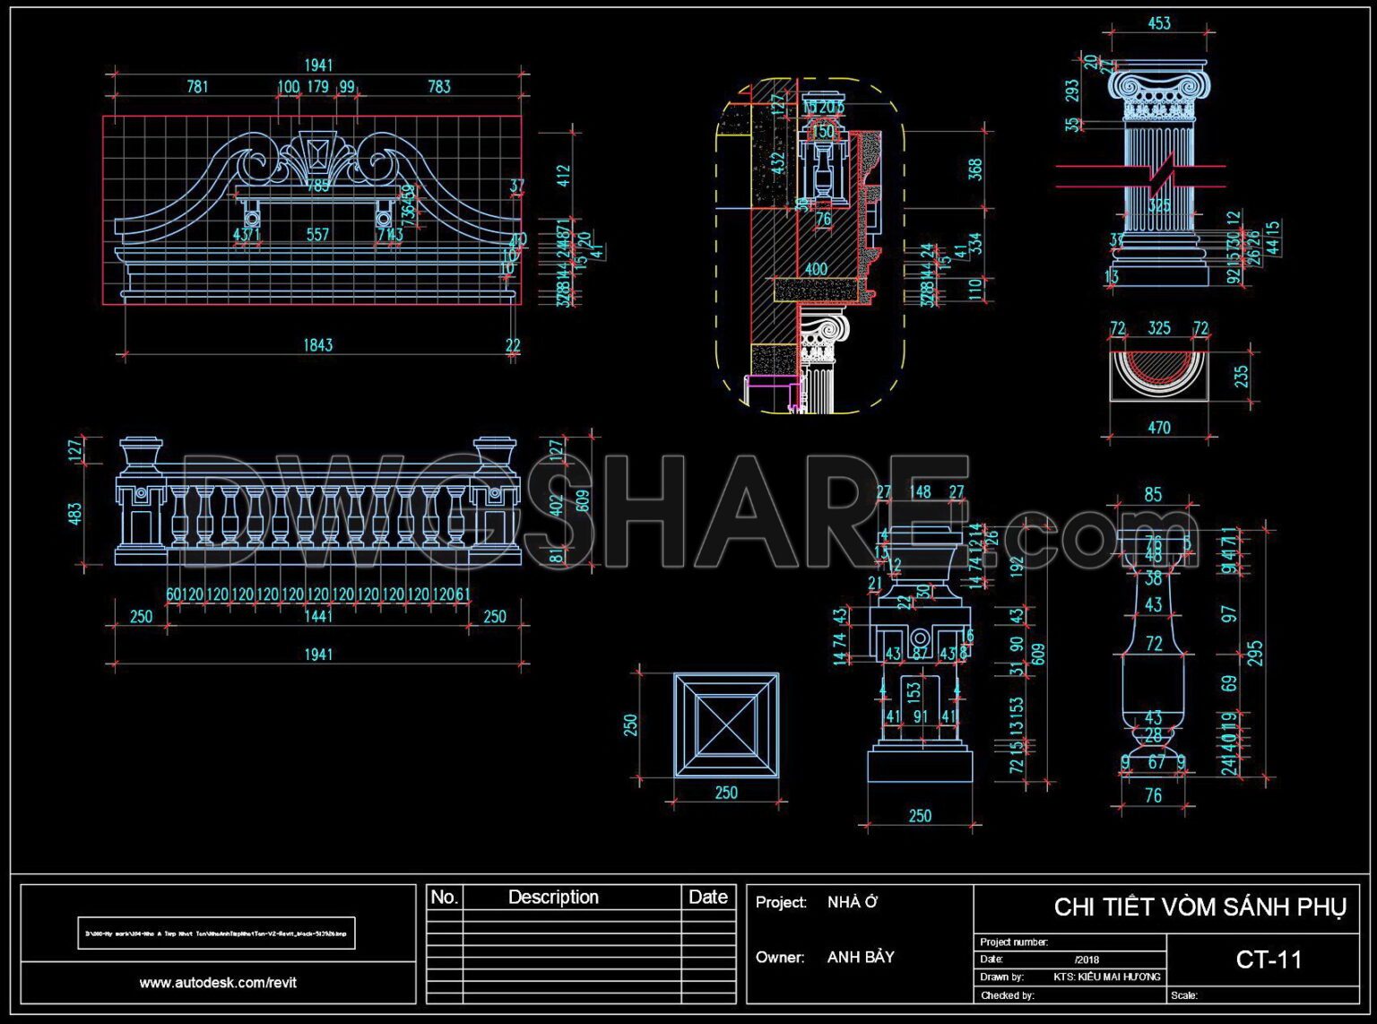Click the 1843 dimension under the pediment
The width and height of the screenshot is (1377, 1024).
coord(317,345)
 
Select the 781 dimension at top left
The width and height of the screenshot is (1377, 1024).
coord(197,87)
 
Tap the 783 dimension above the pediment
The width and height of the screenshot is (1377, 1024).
coord(439,87)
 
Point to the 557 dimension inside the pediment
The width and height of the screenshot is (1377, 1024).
coord(317,235)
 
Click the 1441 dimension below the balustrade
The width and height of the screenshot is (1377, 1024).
coord(317,616)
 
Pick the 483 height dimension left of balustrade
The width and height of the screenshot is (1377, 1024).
coord(75,514)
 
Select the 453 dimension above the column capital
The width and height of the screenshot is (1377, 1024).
coord(1159,23)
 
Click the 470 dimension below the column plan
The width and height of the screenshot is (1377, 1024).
coord(1159,429)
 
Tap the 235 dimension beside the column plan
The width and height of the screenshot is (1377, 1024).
coord(1242,376)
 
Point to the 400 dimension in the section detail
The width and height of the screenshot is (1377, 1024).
coord(816,269)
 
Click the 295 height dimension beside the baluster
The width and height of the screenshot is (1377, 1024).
coord(1255,653)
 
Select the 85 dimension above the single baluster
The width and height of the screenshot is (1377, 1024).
coord(1153,494)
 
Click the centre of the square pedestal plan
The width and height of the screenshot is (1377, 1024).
coord(726,725)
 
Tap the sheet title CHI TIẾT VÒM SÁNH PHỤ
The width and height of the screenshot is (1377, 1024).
coord(1199,907)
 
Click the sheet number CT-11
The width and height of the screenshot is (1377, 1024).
coord(1269,960)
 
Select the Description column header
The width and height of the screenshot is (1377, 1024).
coord(553,898)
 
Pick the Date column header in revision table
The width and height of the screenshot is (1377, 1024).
coord(707,898)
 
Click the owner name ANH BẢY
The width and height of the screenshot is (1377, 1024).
coord(861,958)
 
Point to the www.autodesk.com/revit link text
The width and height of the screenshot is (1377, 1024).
coord(218,983)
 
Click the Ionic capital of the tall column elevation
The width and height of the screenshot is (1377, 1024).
coord(1159,94)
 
